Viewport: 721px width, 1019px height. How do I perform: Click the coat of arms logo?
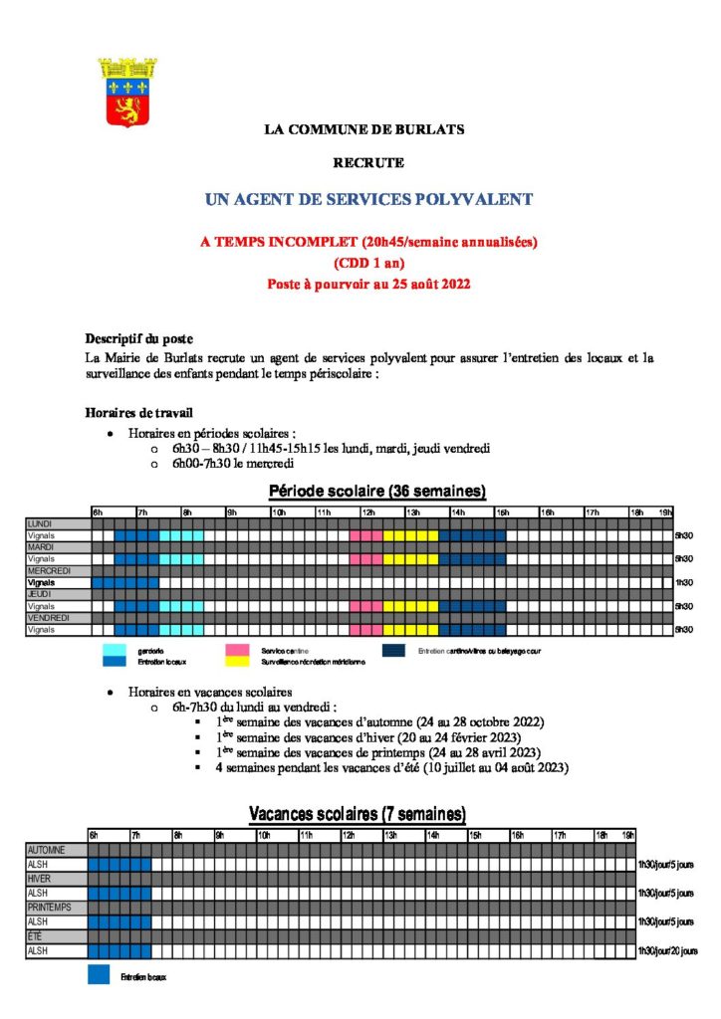[127, 92]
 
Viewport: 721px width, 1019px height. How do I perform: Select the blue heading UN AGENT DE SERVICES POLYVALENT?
[368, 200]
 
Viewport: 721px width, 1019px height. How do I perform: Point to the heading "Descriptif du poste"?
[139, 338]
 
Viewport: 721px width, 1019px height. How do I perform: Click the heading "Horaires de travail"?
[139, 412]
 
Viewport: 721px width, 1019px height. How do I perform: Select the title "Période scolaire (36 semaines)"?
[377, 492]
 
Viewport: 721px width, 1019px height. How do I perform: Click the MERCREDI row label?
[50, 570]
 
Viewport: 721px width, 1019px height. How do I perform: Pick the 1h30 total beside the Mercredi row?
[683, 582]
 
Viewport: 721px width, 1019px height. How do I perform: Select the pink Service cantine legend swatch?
[237, 650]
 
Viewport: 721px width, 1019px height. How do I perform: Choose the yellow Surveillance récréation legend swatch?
[237, 660]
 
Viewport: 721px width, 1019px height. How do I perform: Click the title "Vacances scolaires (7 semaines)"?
[357, 815]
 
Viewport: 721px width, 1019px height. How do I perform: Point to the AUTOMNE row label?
[48, 850]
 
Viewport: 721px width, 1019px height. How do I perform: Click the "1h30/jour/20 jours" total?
[667, 951]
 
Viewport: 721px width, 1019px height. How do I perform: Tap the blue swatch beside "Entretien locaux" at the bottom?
[99, 976]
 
